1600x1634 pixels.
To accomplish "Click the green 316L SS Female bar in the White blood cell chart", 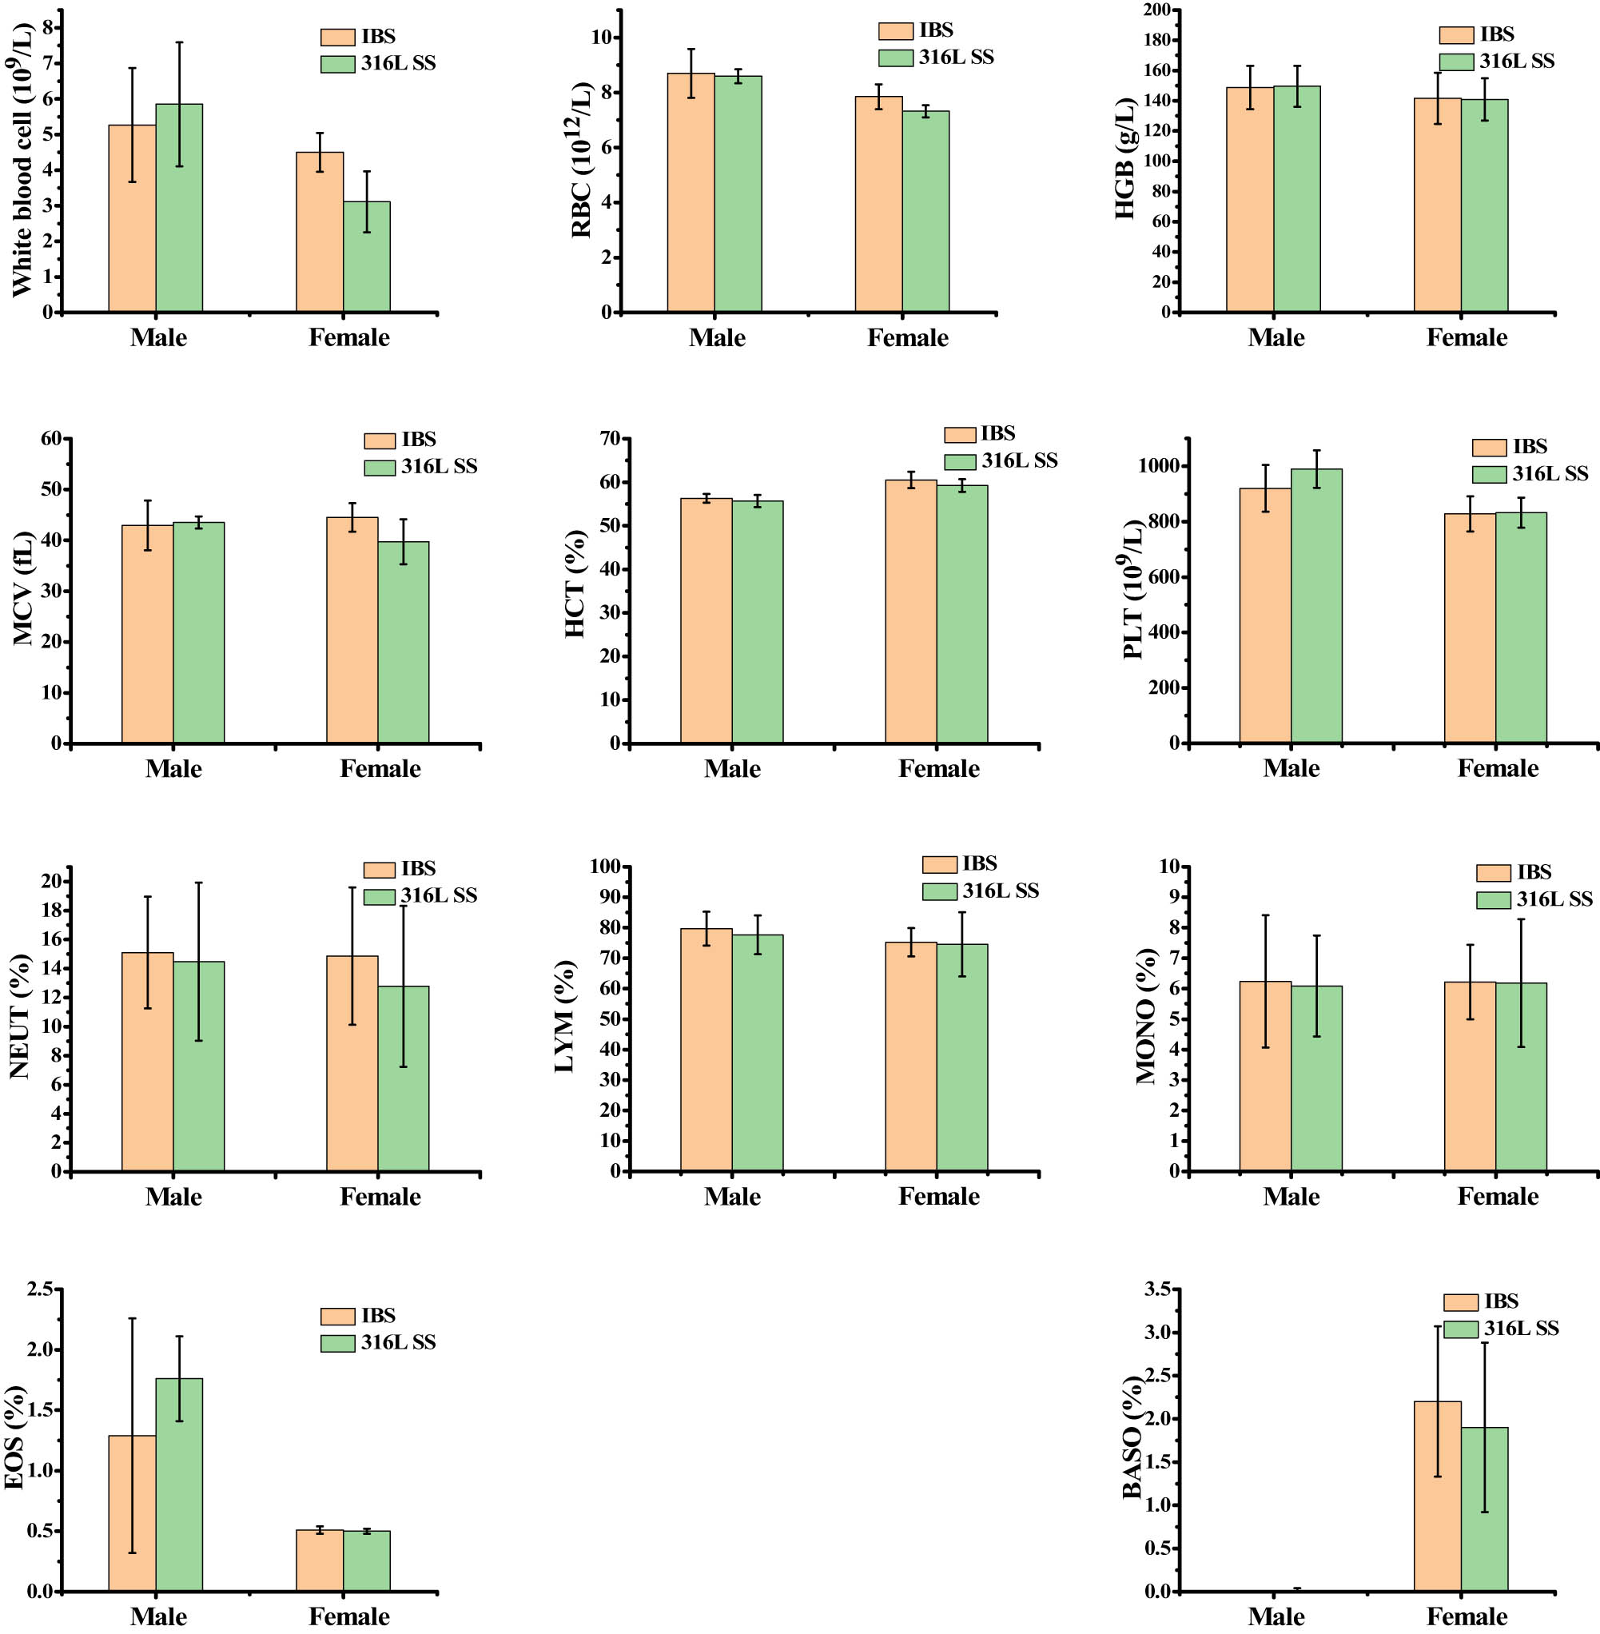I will tap(366, 257).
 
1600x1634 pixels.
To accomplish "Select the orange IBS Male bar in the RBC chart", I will tap(691, 193).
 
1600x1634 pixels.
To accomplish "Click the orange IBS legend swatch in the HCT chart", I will tap(960, 435).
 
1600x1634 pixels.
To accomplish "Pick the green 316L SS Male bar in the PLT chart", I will tap(1316, 606).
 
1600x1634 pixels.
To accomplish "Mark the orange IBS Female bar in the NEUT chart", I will tap(352, 1063).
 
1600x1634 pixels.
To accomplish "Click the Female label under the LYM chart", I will tap(938, 1196).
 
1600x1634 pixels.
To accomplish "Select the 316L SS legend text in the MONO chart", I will tap(1554, 899).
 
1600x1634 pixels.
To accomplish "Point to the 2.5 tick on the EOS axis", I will tap(39, 1289).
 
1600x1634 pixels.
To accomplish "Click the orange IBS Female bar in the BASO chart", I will tap(1437, 1497).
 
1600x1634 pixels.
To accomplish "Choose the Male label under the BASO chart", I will tap(1276, 1616).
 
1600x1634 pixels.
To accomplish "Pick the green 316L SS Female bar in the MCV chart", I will tap(404, 642).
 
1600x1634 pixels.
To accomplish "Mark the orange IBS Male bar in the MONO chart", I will tap(1264, 1076).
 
